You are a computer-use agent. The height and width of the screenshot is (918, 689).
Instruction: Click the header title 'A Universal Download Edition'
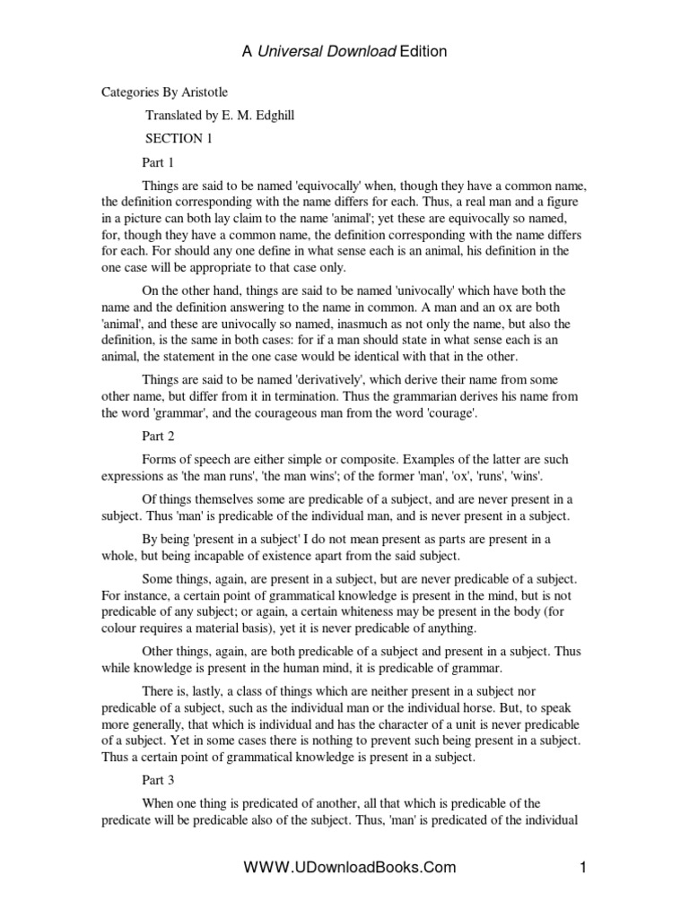click(x=344, y=52)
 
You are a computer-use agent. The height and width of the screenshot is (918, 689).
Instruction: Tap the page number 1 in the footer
click(x=583, y=867)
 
